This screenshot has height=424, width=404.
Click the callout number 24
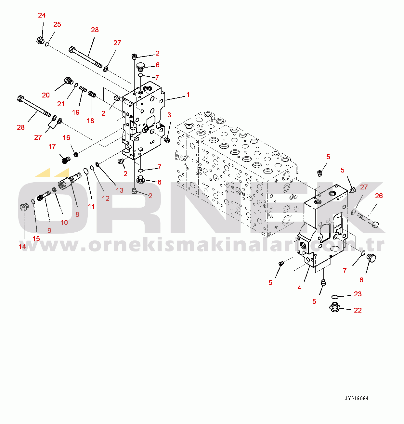coord(42,15)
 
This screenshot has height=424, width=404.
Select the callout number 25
coord(57,24)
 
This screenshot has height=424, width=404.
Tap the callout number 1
coord(188,95)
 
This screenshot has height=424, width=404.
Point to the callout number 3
coord(169,115)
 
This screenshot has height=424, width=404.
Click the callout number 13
coord(120,190)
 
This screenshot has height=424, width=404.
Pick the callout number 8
coord(77,214)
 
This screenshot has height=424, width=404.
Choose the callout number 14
coord(22,247)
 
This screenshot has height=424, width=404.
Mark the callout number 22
coord(358,310)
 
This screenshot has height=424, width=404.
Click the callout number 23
coord(358,294)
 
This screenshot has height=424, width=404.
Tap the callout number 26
coord(379,196)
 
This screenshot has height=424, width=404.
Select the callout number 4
coord(299,288)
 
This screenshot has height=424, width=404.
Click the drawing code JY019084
coord(357,399)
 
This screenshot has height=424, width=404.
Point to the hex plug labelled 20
coord(69,81)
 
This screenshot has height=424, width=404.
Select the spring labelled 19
coord(83,88)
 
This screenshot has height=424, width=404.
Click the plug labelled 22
coord(335,307)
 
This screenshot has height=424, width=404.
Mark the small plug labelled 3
coord(167,140)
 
